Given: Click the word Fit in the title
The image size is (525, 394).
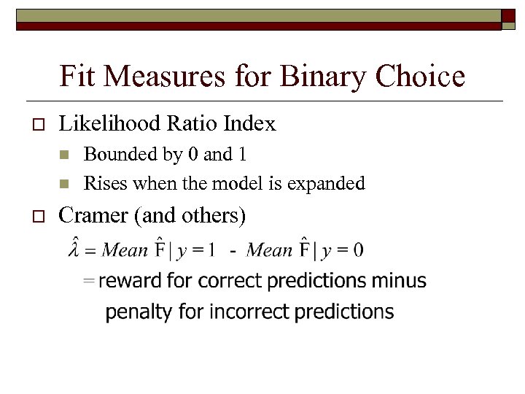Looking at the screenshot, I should coord(77,76).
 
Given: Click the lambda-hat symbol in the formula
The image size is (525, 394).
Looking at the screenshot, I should coord(74,247).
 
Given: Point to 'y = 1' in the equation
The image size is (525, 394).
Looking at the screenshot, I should coord(196,250).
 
